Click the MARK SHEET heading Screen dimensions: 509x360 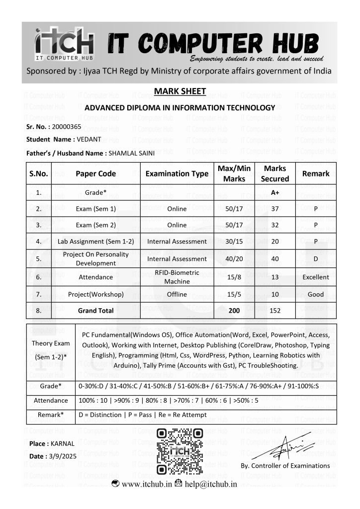coord(180,91)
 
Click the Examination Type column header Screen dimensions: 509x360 coord(177,174)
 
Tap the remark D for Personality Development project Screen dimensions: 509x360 coord(316,259)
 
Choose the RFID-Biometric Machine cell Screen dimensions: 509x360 coord(177,277)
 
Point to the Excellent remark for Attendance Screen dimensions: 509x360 coord(316,277)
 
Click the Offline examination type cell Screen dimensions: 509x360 coord(177,294)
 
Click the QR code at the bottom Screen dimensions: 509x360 coord(180,451)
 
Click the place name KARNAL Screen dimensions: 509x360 coord(62,443)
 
